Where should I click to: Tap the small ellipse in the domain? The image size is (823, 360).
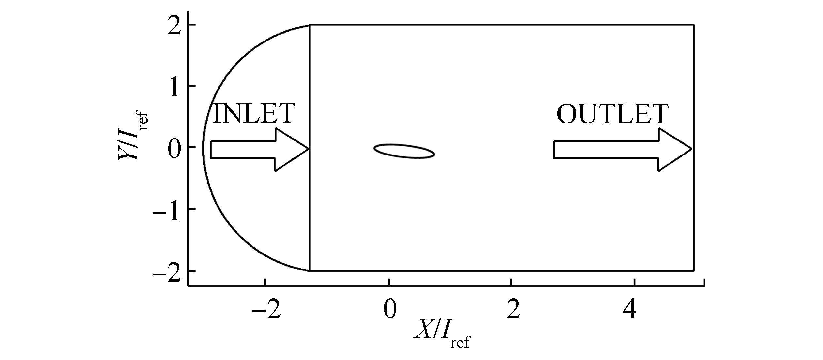(x=404, y=151)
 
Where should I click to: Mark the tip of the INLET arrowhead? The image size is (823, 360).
(x=309, y=149)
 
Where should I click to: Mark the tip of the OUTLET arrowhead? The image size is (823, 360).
(x=692, y=149)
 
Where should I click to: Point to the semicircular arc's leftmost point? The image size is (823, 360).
(x=203, y=148)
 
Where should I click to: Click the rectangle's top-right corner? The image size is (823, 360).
(x=694, y=25)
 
